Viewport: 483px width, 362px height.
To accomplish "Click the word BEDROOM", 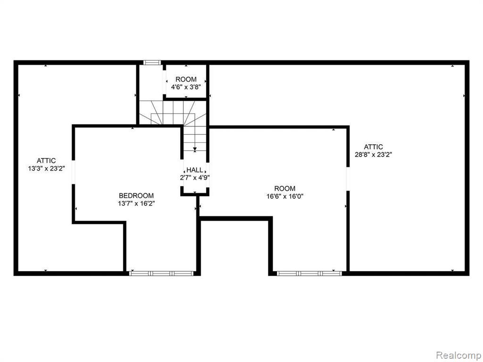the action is pyautogui.click(x=136, y=196).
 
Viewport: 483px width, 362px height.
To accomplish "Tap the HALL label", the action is pyautogui.click(x=195, y=170).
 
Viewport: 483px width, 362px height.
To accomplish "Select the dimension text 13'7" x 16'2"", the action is pyautogui.click(x=136, y=204).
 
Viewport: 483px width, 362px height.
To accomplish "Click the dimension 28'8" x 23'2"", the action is pyautogui.click(x=374, y=155).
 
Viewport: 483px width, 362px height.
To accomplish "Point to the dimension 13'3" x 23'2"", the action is pyautogui.click(x=46, y=168).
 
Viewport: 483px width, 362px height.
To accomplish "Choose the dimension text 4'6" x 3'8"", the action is pyautogui.click(x=186, y=87).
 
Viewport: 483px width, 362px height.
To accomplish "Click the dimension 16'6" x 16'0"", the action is pyautogui.click(x=285, y=197).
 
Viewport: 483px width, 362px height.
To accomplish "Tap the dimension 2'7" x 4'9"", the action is pyautogui.click(x=195, y=178).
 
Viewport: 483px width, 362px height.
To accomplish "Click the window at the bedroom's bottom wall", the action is pyautogui.click(x=161, y=273).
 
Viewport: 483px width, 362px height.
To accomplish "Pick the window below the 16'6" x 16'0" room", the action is pyautogui.click(x=309, y=273).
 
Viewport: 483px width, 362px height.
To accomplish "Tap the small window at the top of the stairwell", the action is pyautogui.click(x=152, y=63).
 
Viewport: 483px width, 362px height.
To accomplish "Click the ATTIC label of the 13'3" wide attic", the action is pyautogui.click(x=46, y=161).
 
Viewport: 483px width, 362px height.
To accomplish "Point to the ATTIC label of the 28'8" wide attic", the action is pyautogui.click(x=374, y=147).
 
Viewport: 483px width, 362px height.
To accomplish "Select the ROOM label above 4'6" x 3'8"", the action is pyautogui.click(x=186, y=79).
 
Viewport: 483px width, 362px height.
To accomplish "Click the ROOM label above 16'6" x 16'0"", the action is pyautogui.click(x=285, y=189).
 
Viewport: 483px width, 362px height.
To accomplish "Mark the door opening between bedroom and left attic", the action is pyautogui.click(x=74, y=173).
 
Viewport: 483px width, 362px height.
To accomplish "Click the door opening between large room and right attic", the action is pyautogui.click(x=348, y=179).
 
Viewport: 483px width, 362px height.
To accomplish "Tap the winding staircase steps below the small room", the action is pyautogui.click(x=173, y=112).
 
